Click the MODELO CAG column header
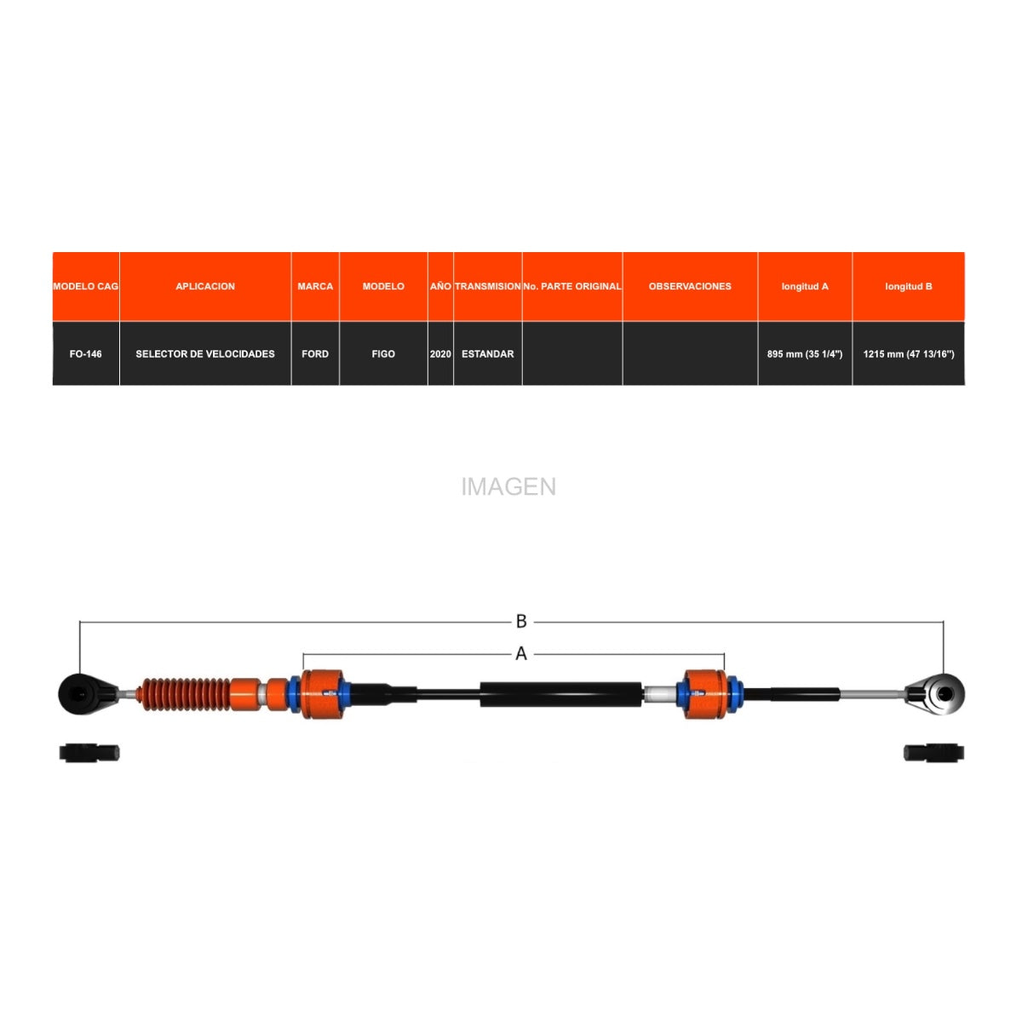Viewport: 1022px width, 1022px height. [85, 286]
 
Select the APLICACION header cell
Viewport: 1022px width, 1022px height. [205, 286]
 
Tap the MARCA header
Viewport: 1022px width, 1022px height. [315, 286]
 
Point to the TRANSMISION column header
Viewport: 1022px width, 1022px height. [487, 286]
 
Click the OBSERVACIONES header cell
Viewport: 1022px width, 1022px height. [690, 286]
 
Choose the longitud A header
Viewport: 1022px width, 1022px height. [805, 286]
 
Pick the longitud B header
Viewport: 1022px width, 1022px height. [908, 286]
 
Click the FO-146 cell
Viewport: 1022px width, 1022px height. [85, 353]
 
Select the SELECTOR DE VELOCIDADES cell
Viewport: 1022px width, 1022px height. [205, 353]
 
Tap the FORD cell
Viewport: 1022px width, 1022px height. [315, 353]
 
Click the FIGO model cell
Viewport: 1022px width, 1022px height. [383, 353]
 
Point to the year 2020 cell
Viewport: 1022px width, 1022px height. [440, 353]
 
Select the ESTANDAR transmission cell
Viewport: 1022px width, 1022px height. [487, 353]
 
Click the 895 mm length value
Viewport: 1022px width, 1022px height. [805, 353]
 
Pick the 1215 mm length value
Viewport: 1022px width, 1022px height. [908, 353]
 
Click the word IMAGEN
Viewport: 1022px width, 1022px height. [508, 486]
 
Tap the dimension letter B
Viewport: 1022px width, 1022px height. [521, 621]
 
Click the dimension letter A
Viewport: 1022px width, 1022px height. [521, 653]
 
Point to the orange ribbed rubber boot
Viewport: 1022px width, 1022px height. [183, 694]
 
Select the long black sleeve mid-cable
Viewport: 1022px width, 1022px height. [560, 694]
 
